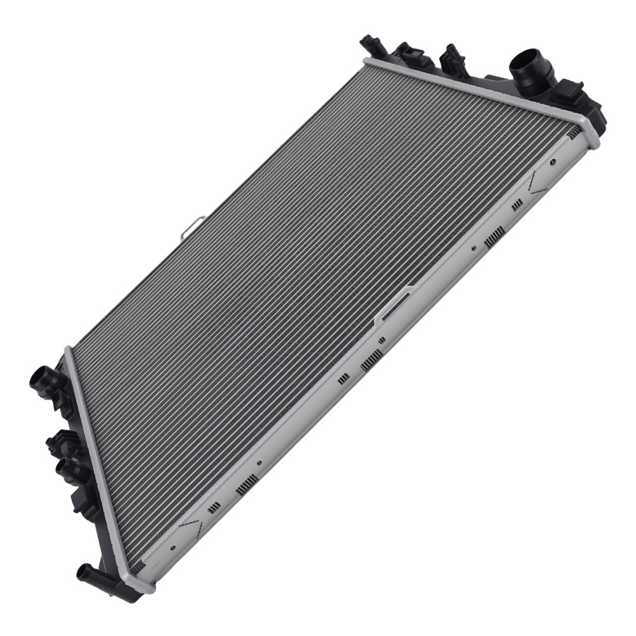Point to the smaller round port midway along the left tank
coord(66,470)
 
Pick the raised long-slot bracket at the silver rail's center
coord(395,305)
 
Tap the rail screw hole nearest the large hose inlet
coord(552,162)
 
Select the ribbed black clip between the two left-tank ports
coord(59,439)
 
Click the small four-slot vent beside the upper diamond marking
coord(517,204)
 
